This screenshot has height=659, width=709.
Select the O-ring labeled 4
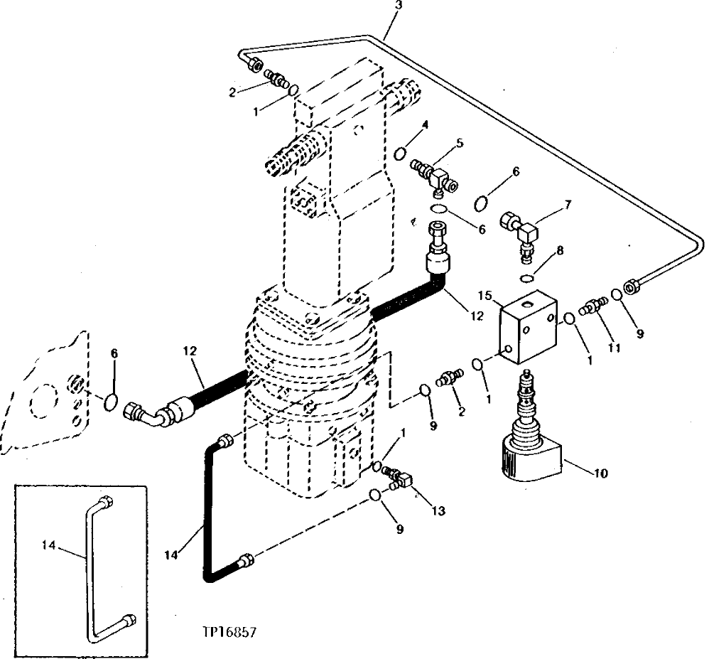click(401, 153)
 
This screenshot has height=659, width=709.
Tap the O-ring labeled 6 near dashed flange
click(110, 403)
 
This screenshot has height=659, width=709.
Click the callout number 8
click(560, 250)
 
